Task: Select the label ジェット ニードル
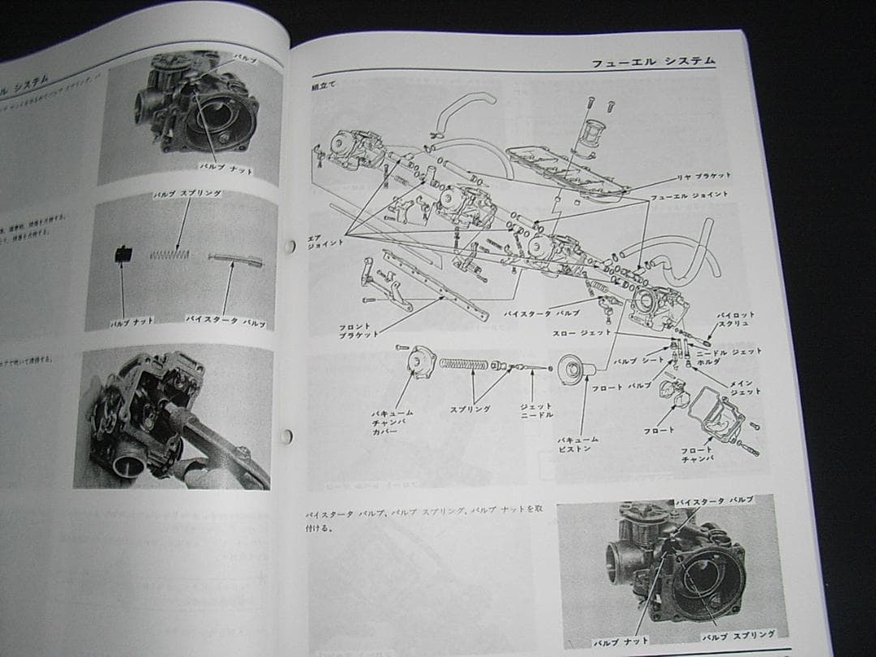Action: click(536, 410)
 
